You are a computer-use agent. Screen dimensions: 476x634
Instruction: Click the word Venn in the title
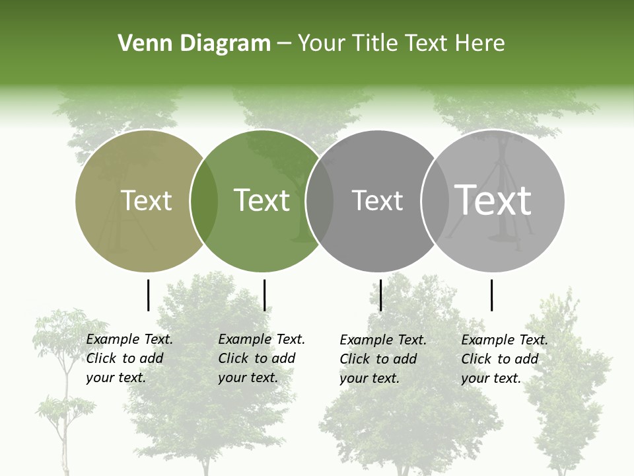click(141, 44)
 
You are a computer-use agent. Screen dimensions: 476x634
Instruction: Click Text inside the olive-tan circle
click(146, 200)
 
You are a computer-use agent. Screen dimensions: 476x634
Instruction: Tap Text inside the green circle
click(262, 200)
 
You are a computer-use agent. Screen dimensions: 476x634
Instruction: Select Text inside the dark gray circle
click(377, 200)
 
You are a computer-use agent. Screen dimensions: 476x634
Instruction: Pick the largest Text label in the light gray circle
click(493, 200)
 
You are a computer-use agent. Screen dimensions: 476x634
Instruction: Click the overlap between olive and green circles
click(204, 201)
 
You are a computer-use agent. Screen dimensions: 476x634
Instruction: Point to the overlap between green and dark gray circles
click(320, 201)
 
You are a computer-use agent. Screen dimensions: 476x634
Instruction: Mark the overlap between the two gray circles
click(435, 201)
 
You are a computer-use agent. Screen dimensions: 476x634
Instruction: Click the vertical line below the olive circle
click(149, 295)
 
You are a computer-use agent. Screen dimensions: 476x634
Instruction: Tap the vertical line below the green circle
click(264, 295)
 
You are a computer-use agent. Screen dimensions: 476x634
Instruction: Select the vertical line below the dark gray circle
click(381, 295)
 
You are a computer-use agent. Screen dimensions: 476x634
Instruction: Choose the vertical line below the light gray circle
click(491, 295)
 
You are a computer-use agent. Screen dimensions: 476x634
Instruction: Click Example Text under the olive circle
click(129, 340)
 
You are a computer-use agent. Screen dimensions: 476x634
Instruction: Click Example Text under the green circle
click(262, 340)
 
